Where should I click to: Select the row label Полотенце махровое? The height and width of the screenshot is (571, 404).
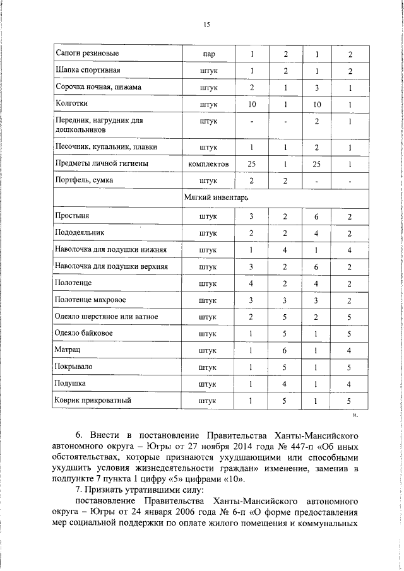(x=90, y=299)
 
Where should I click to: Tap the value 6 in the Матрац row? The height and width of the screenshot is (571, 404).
(x=285, y=350)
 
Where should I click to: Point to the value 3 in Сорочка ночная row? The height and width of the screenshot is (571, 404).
(x=317, y=87)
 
